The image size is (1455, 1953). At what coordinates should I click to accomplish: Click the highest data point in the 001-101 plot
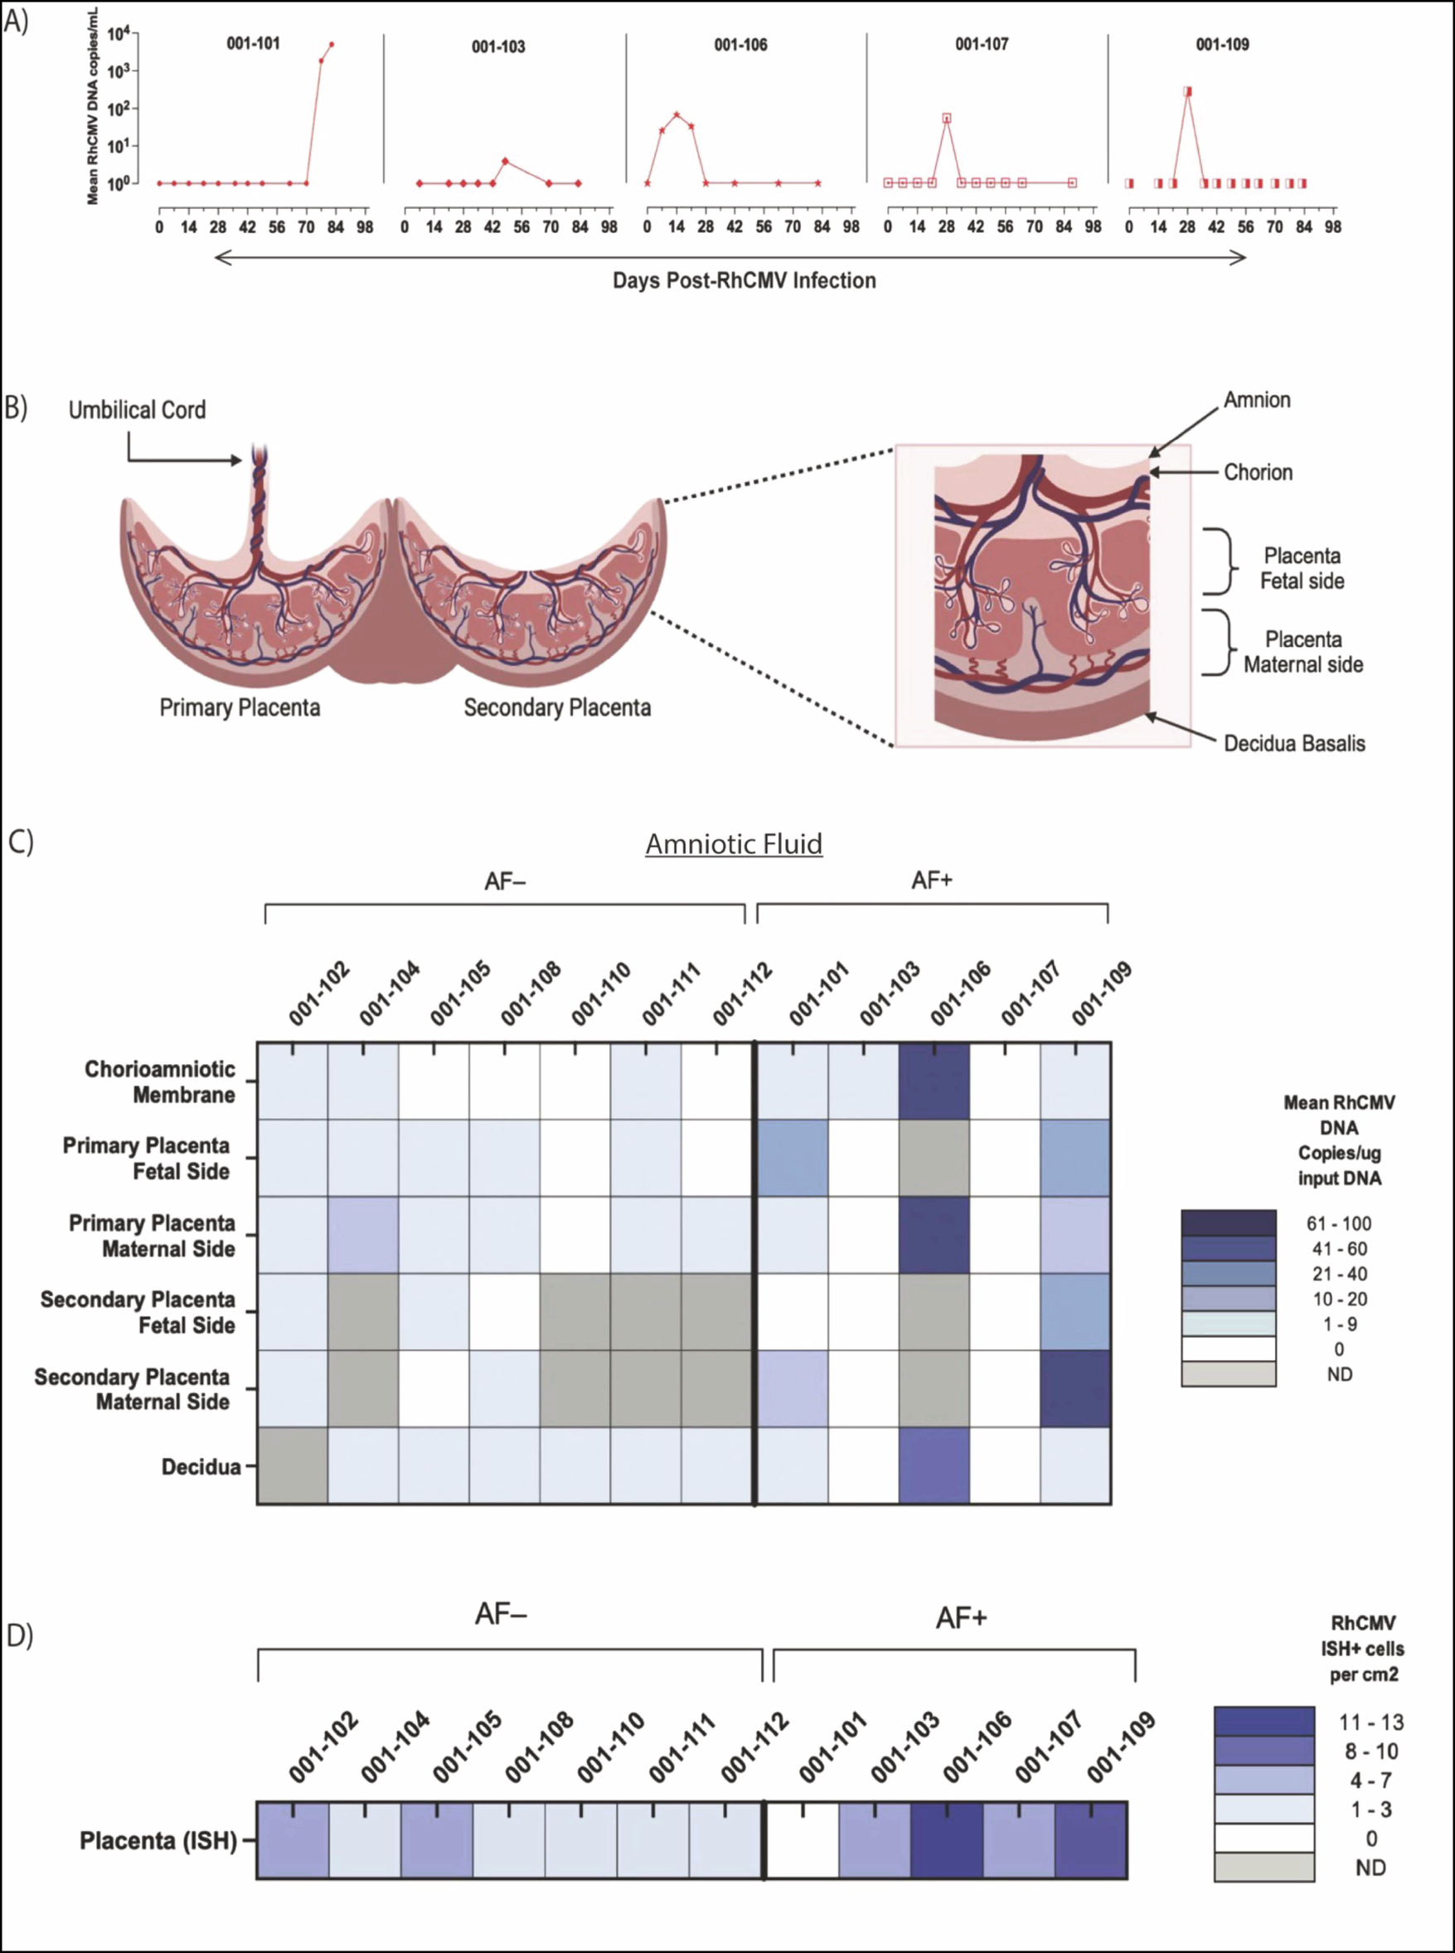[331, 44]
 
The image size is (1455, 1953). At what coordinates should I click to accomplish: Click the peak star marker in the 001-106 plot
[677, 114]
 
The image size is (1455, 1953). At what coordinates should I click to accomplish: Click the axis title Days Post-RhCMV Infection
[744, 280]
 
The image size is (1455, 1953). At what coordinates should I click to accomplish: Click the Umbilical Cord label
[138, 410]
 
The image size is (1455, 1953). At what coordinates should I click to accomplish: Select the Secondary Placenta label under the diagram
[556, 707]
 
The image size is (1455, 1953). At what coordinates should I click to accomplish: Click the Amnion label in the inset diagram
[1257, 400]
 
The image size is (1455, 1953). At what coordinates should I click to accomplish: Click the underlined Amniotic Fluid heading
[734, 844]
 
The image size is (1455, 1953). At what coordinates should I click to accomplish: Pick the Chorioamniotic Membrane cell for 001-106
[934, 1081]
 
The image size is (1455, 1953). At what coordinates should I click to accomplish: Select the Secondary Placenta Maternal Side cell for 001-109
[1074, 1388]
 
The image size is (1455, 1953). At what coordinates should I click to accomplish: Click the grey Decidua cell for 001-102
[293, 1465]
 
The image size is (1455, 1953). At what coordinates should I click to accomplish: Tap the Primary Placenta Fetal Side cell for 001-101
[793, 1158]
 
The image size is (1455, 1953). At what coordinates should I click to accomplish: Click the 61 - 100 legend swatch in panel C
[1228, 1222]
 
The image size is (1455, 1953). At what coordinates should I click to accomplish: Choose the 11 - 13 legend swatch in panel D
[1263, 1722]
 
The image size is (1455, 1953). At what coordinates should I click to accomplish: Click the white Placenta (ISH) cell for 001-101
[802, 1840]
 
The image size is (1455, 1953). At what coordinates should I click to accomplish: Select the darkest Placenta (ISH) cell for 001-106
[946, 1840]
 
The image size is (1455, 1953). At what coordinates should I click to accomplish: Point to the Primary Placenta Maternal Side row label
[153, 1235]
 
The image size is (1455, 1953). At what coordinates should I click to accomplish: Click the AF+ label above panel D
[961, 1617]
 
